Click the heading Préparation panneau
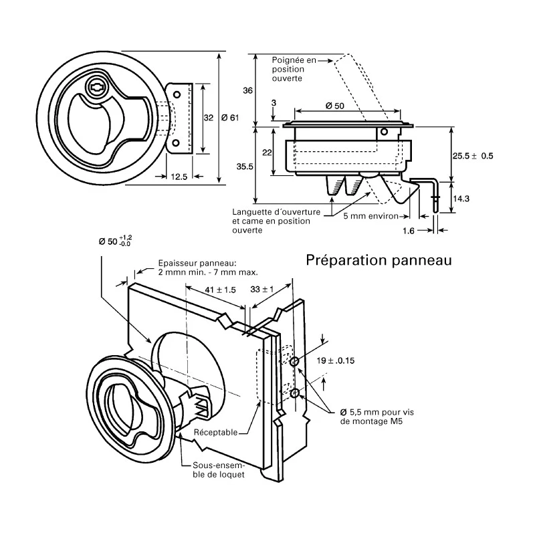tap(379, 260)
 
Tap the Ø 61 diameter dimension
tap(230, 118)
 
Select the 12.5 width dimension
tap(179, 177)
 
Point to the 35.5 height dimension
tap(245, 167)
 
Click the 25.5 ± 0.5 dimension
tap(473, 156)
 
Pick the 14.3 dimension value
tap(461, 199)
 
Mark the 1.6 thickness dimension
tap(409, 231)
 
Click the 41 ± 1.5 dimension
tap(221, 290)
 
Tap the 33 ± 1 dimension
tap(262, 290)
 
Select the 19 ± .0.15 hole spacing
tap(336, 360)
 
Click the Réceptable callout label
tap(215, 432)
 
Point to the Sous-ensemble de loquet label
tap(219, 470)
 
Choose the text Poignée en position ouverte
tap(294, 70)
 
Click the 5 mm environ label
tap(371, 216)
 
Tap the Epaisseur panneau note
tap(208, 268)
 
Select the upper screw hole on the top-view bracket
tap(177, 94)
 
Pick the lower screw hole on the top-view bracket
tap(176, 143)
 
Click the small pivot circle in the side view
tap(384, 131)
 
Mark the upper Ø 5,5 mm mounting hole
tap(294, 362)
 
